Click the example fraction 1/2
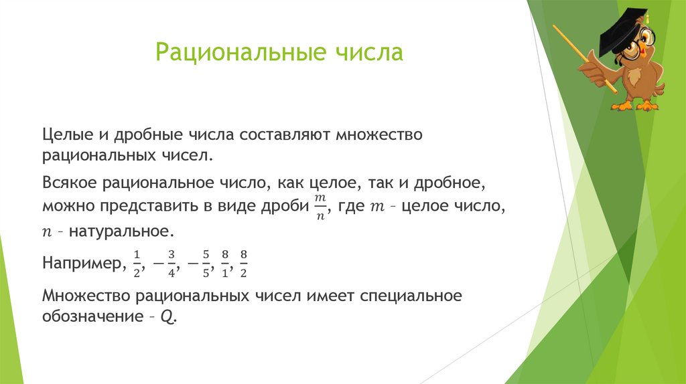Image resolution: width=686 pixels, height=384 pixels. [137, 262]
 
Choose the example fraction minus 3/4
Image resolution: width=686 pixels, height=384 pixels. [165, 262]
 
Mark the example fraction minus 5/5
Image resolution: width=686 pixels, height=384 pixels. [200, 262]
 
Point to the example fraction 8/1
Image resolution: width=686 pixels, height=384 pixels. [225, 262]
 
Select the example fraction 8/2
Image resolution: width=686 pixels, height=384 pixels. [244, 262]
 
